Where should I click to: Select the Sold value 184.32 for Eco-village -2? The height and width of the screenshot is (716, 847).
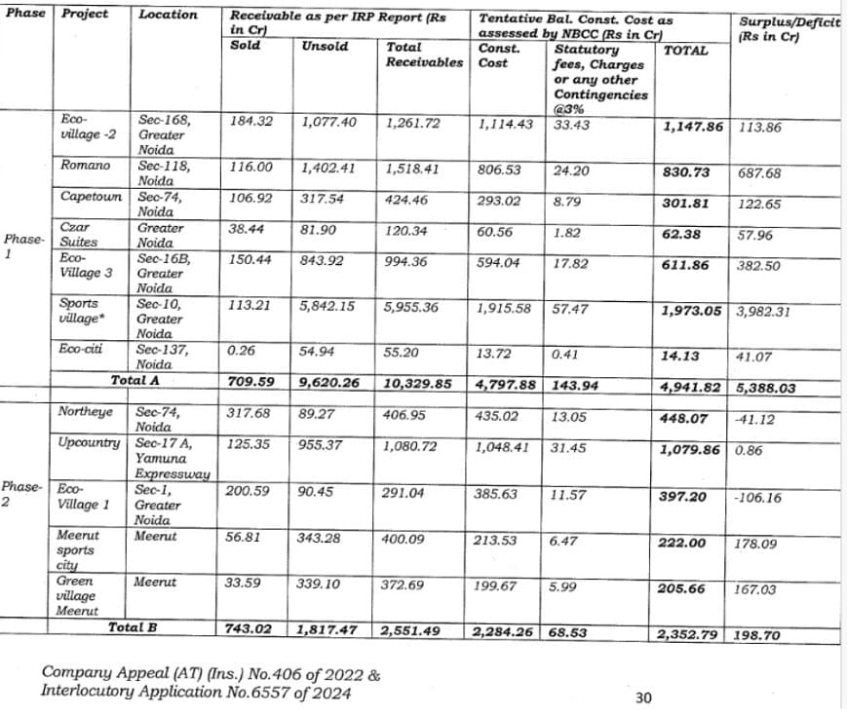point(251,122)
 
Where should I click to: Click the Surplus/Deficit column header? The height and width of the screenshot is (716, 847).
point(789,28)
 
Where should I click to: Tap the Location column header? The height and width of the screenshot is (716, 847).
point(168,15)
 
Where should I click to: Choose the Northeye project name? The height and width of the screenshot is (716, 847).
point(86,412)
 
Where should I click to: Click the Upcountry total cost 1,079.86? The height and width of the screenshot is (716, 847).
point(692,451)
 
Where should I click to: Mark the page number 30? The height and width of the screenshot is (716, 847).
point(642,697)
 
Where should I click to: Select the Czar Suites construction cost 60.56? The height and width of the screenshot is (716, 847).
point(496,233)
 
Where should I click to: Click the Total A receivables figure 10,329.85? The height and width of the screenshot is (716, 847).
point(418,384)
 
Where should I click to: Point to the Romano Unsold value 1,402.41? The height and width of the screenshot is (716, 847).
point(328,169)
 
